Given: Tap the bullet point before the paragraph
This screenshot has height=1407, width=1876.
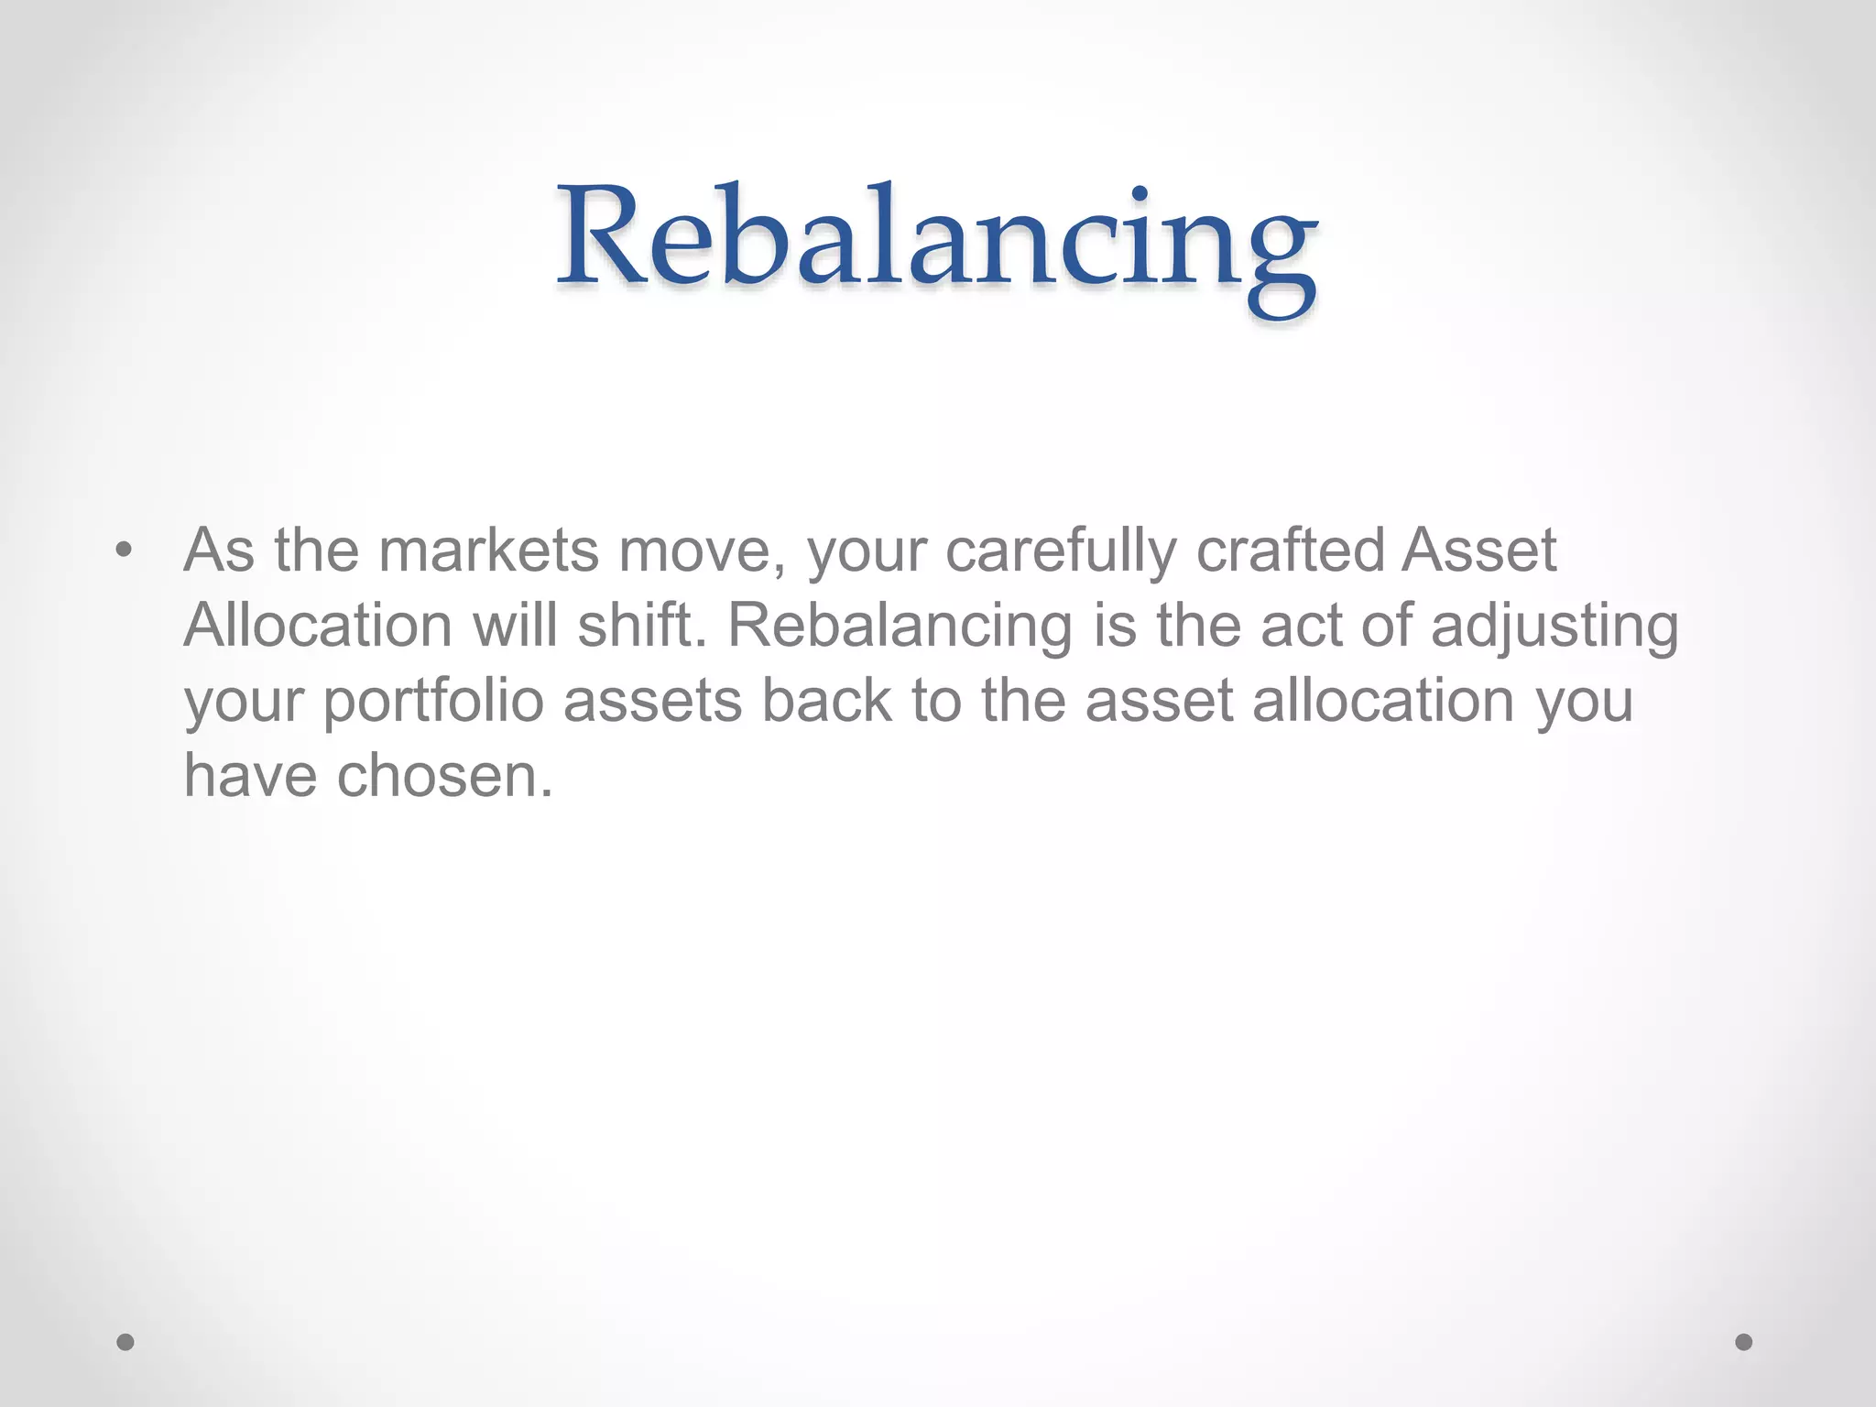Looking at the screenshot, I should point(125,551).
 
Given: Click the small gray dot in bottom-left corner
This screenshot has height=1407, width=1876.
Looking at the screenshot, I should point(125,1343).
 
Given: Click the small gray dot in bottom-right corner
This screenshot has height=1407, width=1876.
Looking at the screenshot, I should point(1744,1343).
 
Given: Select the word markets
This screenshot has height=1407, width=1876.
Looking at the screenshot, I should point(488,551).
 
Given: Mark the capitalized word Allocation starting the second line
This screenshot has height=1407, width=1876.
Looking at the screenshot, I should point(318,627).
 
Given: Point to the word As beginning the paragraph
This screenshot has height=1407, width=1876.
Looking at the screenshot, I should point(219,551).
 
